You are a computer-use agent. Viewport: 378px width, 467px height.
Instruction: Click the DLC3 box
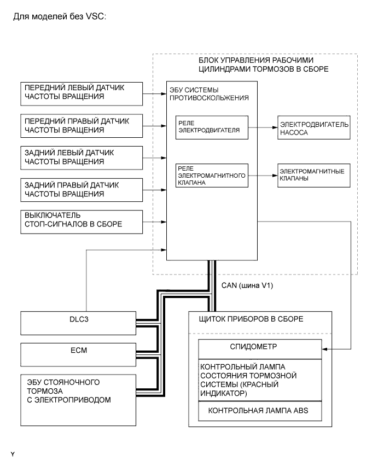[x=77, y=323]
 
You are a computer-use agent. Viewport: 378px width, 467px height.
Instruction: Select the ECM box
[x=77, y=354]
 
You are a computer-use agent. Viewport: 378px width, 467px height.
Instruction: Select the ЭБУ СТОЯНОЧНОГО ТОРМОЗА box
[x=77, y=399]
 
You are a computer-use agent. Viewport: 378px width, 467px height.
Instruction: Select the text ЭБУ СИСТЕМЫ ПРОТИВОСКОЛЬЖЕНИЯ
[x=203, y=94]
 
